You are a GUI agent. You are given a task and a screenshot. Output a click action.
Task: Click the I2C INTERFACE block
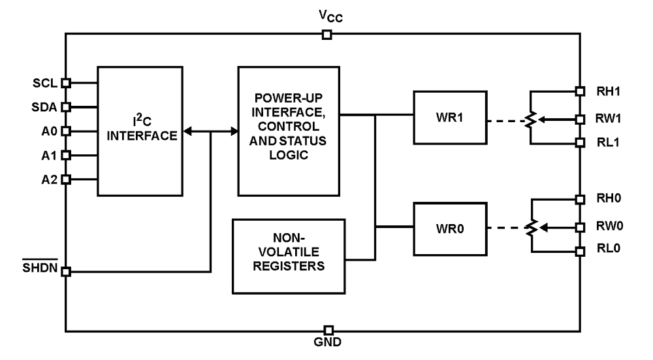pyautogui.click(x=140, y=130)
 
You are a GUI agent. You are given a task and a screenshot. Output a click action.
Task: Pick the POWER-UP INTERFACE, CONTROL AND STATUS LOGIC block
pyautogui.click(x=289, y=130)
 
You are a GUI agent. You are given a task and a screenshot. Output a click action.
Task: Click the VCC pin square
pyautogui.click(x=328, y=35)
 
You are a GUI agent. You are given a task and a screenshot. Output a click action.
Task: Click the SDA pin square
pyautogui.click(x=65, y=106)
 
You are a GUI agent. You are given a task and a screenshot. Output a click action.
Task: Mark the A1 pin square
pyautogui.click(x=65, y=155)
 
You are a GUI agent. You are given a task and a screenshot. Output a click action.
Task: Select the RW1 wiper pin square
pyautogui.click(x=579, y=120)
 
